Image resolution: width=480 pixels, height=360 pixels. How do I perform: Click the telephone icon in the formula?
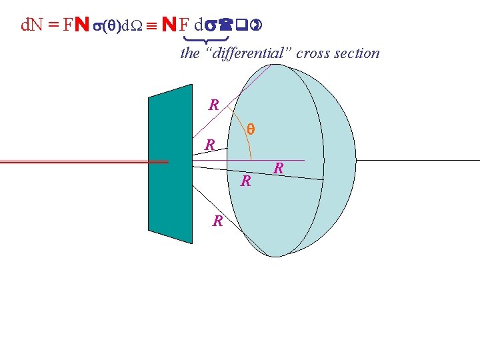[226, 25]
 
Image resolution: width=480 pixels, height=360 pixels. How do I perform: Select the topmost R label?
[213, 105]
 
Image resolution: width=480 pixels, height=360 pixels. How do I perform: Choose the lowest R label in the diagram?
[217, 221]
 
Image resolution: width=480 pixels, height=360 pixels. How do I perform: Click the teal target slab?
[169, 164]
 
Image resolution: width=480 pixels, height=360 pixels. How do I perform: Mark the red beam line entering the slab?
[80, 161]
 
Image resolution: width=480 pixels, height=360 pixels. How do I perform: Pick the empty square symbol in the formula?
[241, 25]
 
